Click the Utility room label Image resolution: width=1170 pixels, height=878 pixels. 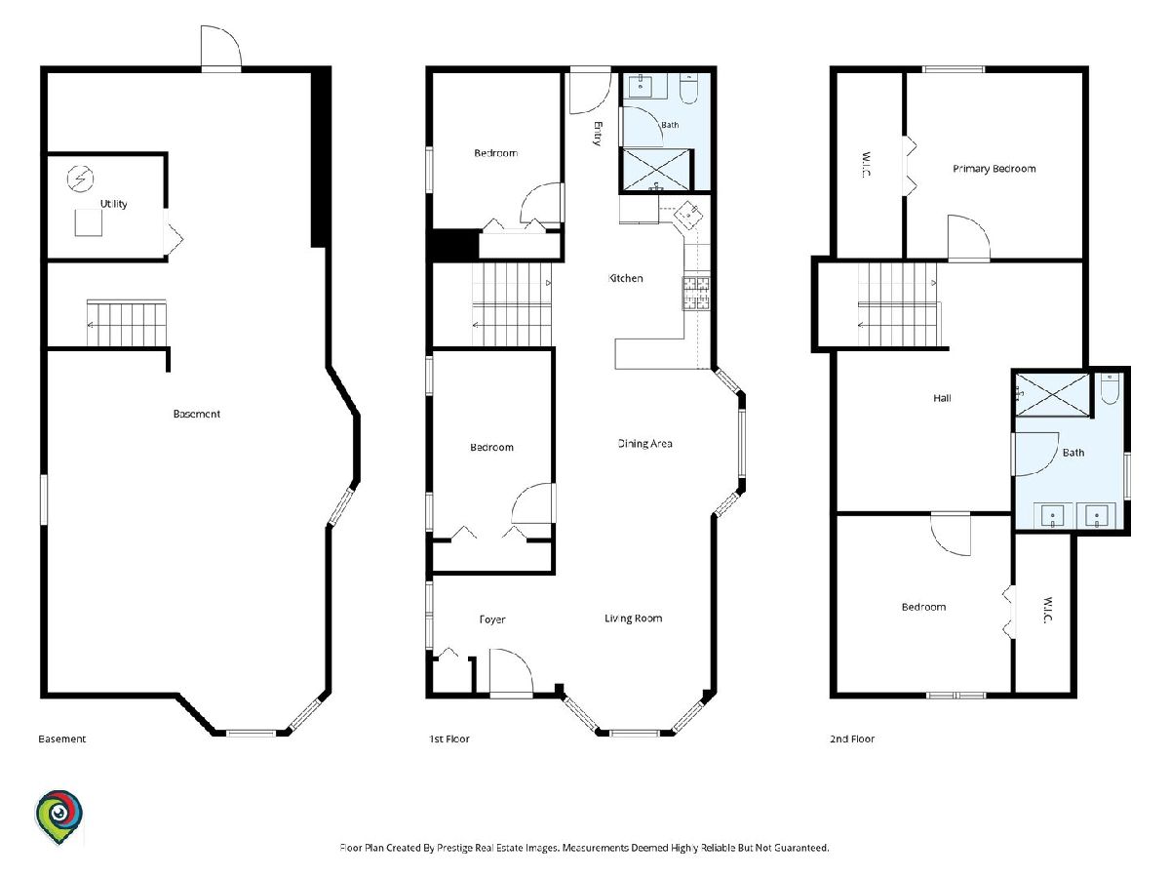tap(113, 204)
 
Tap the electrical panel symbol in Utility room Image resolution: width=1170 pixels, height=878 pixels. tap(81, 179)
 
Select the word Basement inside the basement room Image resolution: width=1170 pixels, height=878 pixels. tap(197, 414)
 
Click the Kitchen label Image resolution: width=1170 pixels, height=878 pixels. tap(625, 278)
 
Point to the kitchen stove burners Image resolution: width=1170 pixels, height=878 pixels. tap(696, 293)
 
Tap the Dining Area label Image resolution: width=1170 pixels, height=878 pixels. tap(645, 444)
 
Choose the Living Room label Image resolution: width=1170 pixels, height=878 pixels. tap(633, 619)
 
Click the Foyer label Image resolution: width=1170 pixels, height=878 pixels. tap(492, 619)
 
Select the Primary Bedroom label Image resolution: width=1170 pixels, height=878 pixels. tap(994, 169)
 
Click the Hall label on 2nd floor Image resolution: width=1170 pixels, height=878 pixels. tap(942, 398)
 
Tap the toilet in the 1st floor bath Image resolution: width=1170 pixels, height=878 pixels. tap(688, 89)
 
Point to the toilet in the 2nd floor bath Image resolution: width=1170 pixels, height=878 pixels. tap(1110, 388)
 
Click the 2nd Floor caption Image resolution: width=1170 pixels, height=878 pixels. tap(852, 738)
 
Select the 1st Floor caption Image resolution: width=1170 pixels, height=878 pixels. tap(448, 738)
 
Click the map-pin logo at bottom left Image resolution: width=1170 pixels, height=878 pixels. tap(58, 817)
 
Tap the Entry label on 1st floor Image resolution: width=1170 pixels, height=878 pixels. tap(598, 134)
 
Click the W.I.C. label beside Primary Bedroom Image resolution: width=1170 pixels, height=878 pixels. tap(866, 165)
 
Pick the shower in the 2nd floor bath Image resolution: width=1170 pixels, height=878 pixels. tap(1053, 395)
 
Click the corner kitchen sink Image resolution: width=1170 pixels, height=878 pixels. tap(688, 215)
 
